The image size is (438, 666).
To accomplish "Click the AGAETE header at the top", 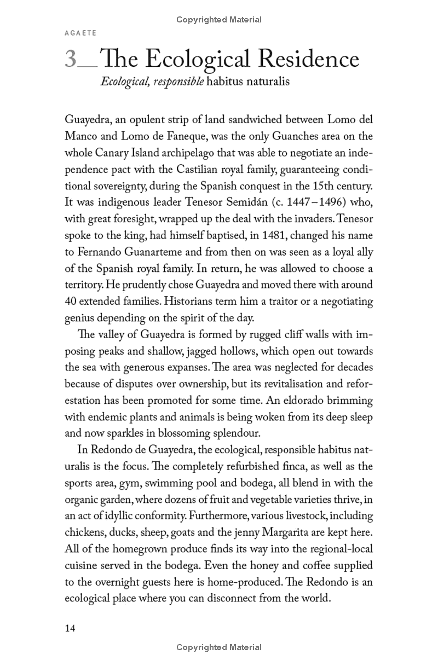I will pyautogui.click(x=81, y=33).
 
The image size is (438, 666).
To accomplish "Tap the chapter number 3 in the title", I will pyautogui.click(x=71, y=59).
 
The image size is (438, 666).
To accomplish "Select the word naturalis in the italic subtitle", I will pyautogui.click(x=263, y=83).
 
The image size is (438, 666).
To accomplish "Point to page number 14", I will pyautogui.click(x=70, y=628).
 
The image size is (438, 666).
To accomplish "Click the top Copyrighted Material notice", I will pyautogui.click(x=219, y=20).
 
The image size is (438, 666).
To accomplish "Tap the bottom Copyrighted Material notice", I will pyautogui.click(x=219, y=647).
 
